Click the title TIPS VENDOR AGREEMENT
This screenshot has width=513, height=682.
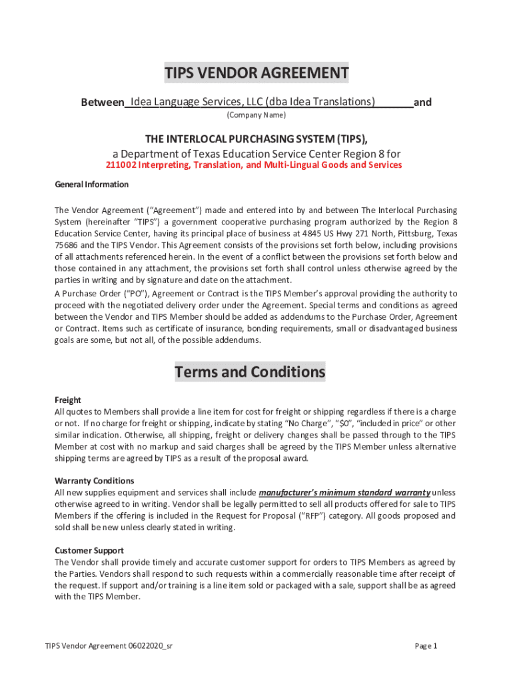[x=256, y=73]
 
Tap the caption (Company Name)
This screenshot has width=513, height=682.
[x=256, y=115]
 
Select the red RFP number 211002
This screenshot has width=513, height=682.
[x=123, y=165]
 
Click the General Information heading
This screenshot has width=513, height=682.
[x=91, y=184]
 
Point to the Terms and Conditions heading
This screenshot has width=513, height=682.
[x=250, y=372]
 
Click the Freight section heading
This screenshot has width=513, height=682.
[x=67, y=400]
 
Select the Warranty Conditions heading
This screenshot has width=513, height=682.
[x=94, y=481]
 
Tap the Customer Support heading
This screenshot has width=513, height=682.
[x=89, y=551]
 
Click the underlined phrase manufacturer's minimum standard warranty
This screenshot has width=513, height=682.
[x=344, y=493]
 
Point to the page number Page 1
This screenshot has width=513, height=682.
[x=426, y=646]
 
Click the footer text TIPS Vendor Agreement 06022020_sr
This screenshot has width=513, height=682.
[x=109, y=646]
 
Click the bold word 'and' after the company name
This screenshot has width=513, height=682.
[x=422, y=103]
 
